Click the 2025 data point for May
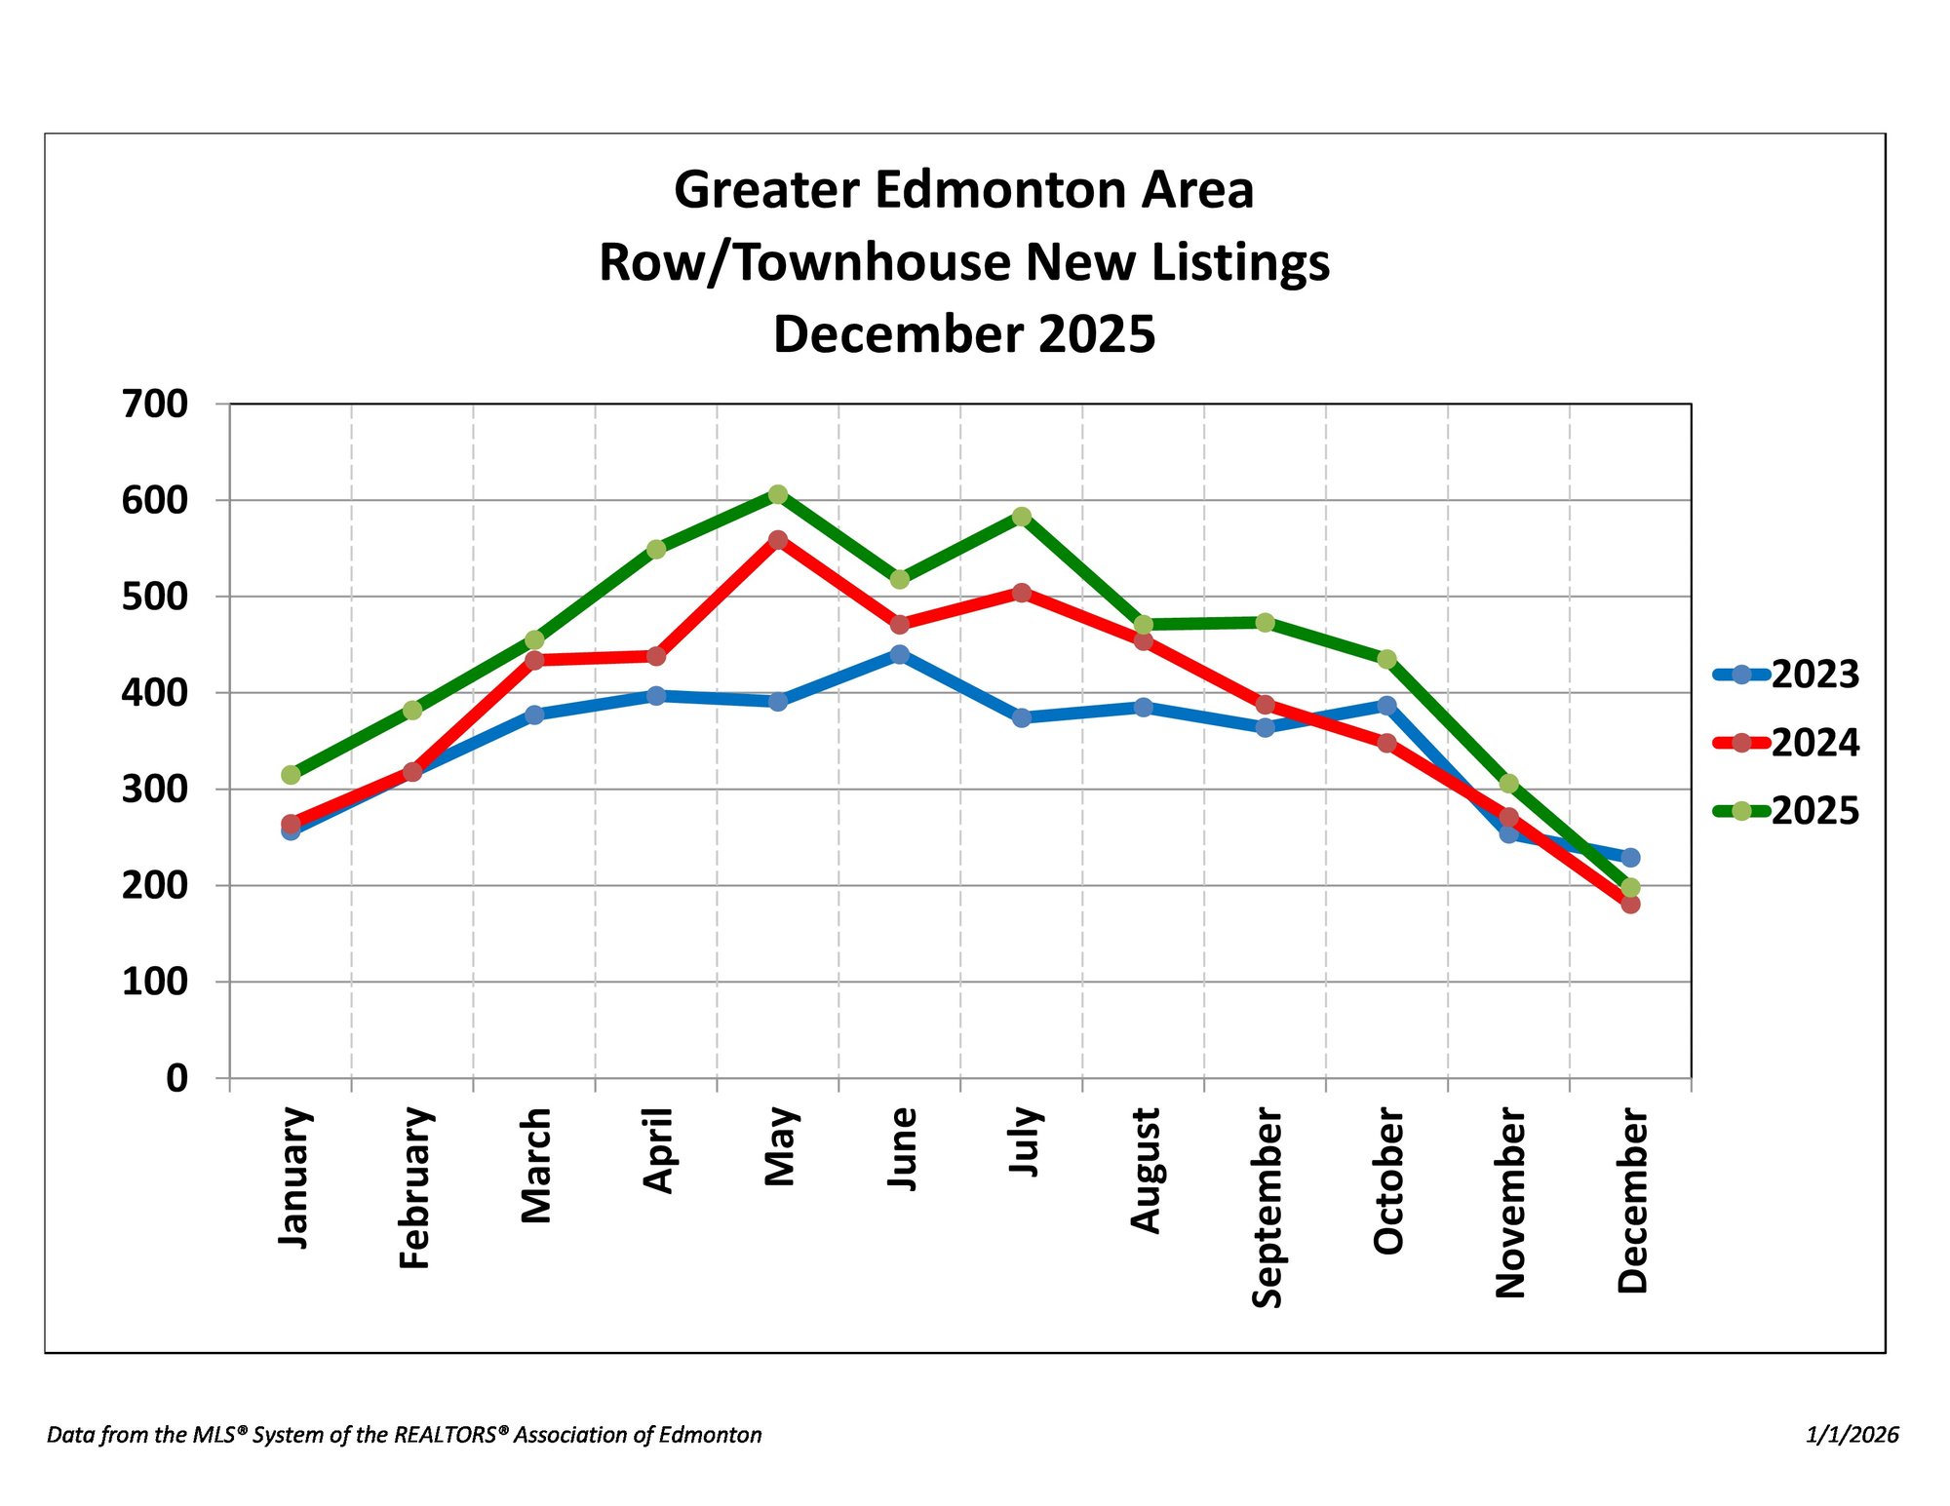pos(778,494)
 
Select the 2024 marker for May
pos(778,539)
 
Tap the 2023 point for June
pos(900,654)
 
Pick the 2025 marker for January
pos(291,775)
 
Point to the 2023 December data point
pos(1630,858)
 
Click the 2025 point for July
pos(1022,517)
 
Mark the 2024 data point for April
pos(656,656)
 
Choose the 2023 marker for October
pos(1386,705)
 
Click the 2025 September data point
pos(1266,622)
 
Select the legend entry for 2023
pos(1786,675)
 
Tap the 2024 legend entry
pos(1786,743)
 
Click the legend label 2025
pos(1815,811)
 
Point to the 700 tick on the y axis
pos(155,404)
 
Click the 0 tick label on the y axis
pos(177,1078)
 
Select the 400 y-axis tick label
pos(155,693)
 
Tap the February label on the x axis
pos(415,1187)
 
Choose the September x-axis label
pos(1267,1208)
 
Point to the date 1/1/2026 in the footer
pos(1852,1435)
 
